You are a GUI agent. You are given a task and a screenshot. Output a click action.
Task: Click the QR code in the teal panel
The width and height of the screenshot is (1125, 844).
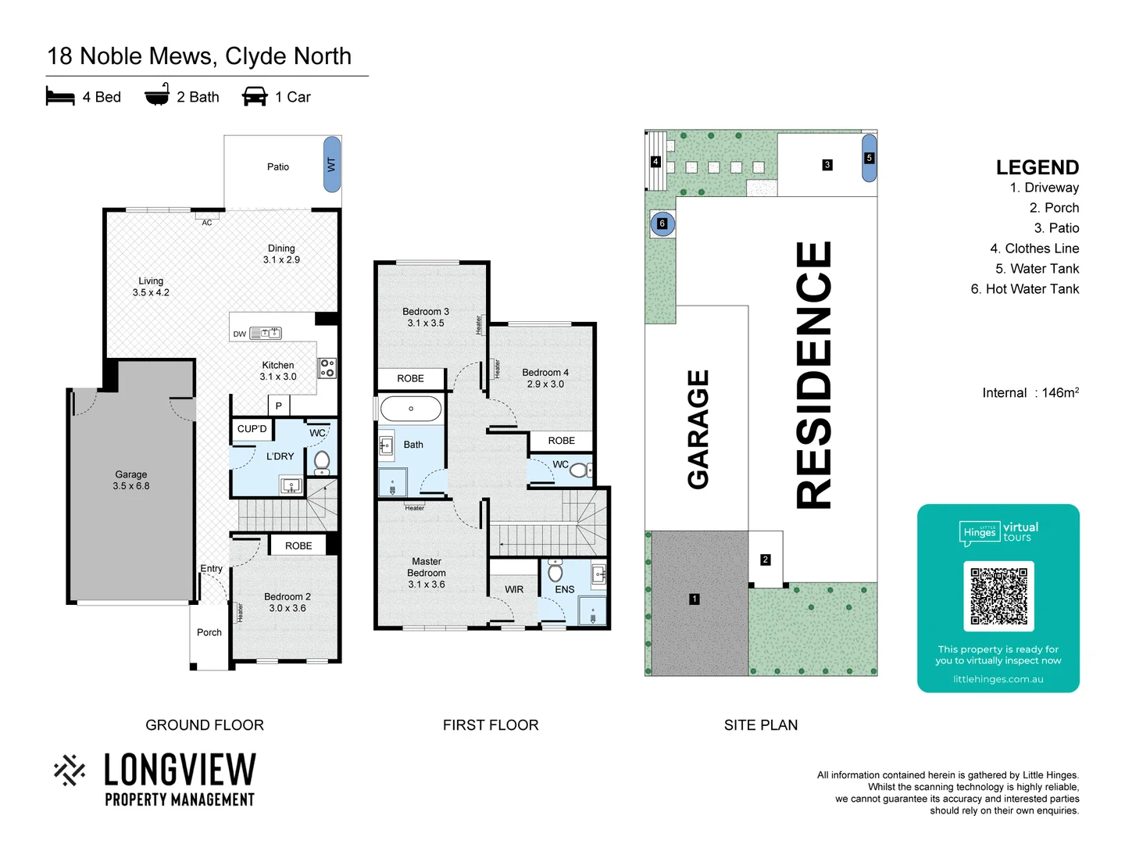998,596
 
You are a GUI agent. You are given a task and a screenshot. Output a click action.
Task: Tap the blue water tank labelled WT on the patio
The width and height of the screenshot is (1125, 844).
332,164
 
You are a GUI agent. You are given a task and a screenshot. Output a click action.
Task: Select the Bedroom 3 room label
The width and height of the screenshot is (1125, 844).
426,317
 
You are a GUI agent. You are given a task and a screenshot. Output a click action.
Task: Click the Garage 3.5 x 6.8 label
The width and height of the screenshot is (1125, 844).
131,480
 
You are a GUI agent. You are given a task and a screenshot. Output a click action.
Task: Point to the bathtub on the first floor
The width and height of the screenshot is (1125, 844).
411,408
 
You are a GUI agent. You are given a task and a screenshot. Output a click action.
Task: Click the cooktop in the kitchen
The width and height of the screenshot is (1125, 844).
327,368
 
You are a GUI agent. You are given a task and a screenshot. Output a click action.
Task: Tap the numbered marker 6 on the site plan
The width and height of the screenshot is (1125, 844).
662,224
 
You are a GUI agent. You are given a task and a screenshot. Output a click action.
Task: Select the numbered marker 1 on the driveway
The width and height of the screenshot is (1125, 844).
695,599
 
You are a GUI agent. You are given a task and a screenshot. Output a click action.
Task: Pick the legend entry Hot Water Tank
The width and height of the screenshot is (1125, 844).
1024,289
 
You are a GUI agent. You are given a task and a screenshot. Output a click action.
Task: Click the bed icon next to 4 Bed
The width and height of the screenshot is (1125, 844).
60,97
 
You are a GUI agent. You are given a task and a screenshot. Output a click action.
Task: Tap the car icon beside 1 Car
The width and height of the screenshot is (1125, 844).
255,97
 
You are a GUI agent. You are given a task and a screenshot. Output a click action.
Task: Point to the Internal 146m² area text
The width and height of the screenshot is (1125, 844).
1030,393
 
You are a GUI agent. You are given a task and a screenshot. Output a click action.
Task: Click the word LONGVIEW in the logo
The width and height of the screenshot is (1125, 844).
180,771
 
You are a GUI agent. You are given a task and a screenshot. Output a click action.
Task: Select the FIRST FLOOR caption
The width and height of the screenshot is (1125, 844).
491,725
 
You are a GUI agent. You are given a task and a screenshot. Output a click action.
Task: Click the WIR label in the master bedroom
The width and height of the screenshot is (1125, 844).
514,590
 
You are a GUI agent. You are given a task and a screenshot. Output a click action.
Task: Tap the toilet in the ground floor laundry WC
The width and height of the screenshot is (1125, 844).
322,461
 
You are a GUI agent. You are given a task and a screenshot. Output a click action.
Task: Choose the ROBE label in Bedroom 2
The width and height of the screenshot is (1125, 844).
298,545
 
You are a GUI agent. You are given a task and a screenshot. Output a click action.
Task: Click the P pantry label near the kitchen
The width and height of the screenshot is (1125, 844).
278,406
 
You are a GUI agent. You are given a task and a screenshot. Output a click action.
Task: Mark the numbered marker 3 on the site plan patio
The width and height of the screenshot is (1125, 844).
827,165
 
